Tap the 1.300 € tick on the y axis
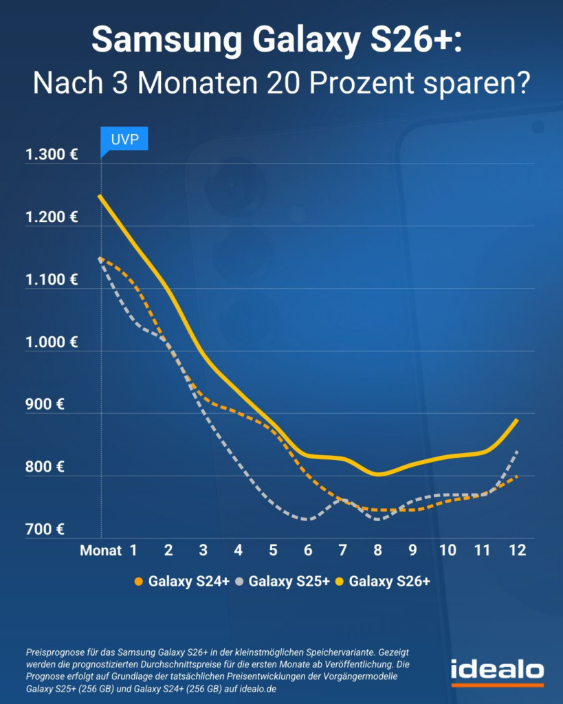pos(52,154)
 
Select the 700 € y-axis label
pos(47,529)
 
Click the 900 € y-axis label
pos(47,404)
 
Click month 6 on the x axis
pos(308,550)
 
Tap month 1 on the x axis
pos(133,550)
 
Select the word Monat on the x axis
pos(100,550)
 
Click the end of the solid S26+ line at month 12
pos(517,419)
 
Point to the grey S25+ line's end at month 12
pos(517,452)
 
